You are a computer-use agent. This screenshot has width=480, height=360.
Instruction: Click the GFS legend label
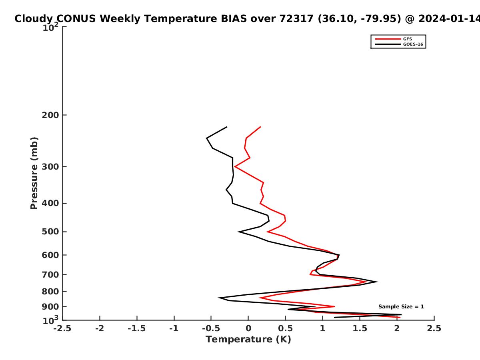pyautogui.click(x=407, y=39)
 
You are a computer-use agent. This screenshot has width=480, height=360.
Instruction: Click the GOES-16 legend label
pyautogui.click(x=413, y=44)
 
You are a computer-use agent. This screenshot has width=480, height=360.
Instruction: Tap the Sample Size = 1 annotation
pyautogui.click(x=401, y=307)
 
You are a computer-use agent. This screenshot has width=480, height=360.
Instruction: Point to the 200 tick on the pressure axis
pyautogui.click(x=50, y=115)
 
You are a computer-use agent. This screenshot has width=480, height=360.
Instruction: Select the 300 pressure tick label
pyautogui.click(x=50, y=167)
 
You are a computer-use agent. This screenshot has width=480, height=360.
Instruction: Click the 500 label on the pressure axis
pyautogui.click(x=50, y=232)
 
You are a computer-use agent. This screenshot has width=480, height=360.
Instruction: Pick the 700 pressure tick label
pyautogui.click(x=50, y=275)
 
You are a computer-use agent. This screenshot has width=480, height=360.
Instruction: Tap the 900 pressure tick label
pyautogui.click(x=50, y=307)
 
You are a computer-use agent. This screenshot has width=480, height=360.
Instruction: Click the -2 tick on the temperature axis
pyautogui.click(x=100, y=328)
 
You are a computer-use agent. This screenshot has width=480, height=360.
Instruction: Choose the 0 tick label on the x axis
pyautogui.click(x=248, y=328)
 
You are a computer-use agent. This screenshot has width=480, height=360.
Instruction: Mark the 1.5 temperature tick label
pyautogui.click(x=360, y=328)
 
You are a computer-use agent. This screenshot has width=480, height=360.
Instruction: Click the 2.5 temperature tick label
pyautogui.click(x=434, y=328)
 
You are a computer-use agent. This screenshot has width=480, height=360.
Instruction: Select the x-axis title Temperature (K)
pyautogui.click(x=248, y=340)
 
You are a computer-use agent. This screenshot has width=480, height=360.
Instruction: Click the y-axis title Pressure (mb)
pyautogui.click(x=34, y=173)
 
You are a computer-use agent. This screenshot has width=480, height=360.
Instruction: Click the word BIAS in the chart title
pyautogui.click(x=234, y=19)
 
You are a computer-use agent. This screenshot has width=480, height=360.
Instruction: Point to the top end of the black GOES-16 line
pyautogui.click(x=227, y=127)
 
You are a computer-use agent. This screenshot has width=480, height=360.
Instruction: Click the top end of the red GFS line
pyautogui.click(x=260, y=127)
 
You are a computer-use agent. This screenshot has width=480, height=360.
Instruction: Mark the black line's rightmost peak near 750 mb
pyautogui.click(x=378, y=282)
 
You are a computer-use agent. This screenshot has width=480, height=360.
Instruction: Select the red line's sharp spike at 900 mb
pyautogui.click(x=334, y=307)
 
